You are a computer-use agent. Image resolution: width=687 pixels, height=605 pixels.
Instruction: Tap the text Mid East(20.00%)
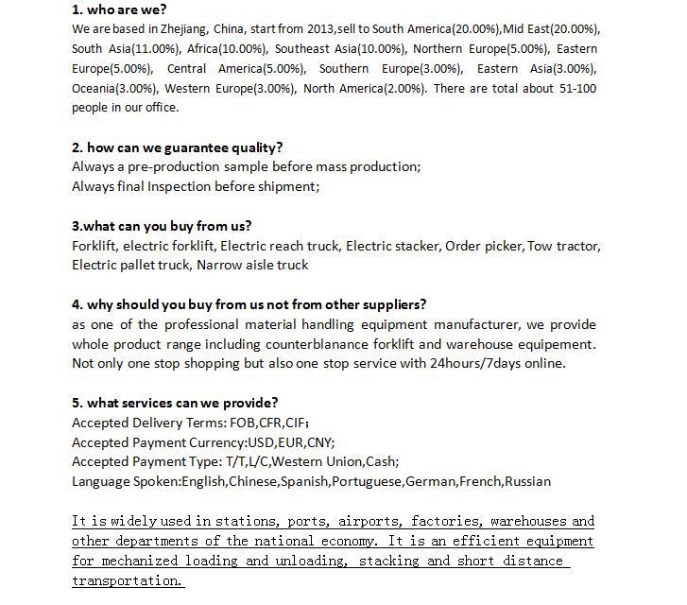tap(550, 29)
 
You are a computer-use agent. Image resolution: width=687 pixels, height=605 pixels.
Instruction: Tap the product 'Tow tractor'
tap(564, 246)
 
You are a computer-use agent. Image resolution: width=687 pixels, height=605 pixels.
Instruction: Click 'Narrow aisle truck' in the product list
tap(252, 265)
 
